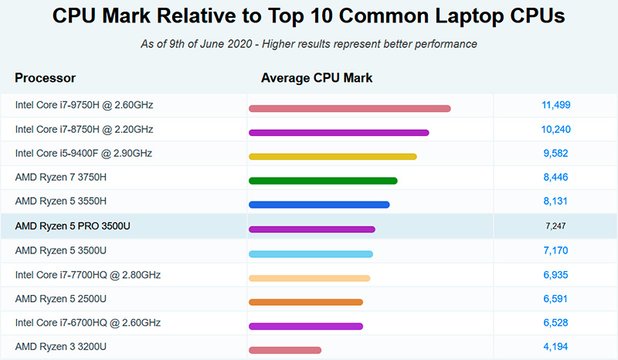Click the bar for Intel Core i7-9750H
tap(349, 109)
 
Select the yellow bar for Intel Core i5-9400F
tap(332, 157)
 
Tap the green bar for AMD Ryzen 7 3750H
tap(323, 181)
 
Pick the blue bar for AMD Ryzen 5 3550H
tap(319, 205)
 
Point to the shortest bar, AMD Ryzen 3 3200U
tap(284, 350)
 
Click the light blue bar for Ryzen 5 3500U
tap(311, 253)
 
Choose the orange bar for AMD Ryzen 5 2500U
tap(306, 302)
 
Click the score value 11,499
tap(556, 105)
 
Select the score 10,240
tap(556, 129)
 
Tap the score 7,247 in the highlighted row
tap(556, 226)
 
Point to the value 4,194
tap(556, 347)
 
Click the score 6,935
tap(556, 274)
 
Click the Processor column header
tap(45, 78)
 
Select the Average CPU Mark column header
tap(317, 78)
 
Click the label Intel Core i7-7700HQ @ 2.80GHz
tap(88, 274)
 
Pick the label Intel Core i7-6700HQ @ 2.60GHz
tap(88, 322)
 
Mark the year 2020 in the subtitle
tap(239, 44)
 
